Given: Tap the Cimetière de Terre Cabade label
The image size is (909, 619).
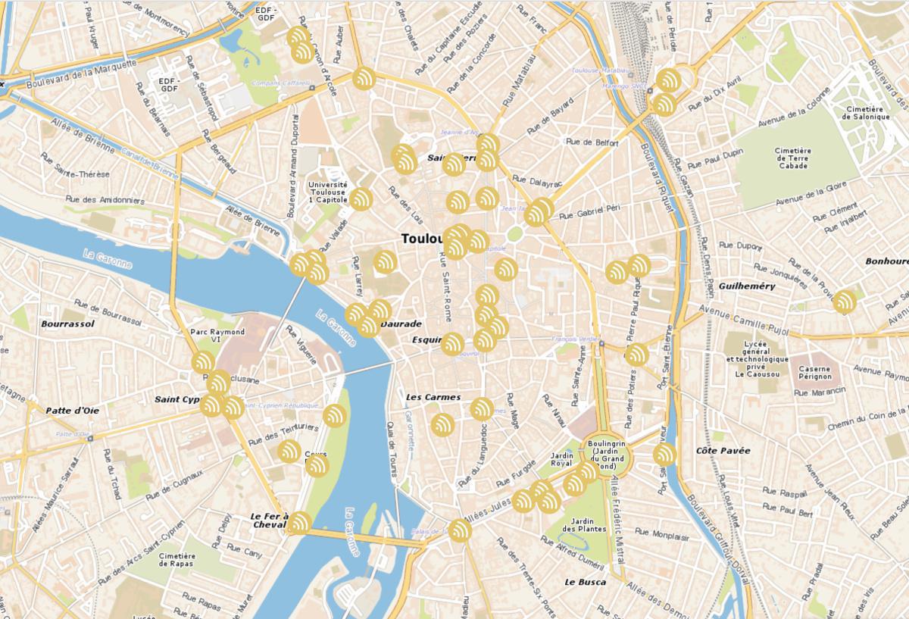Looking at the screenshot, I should click(x=792, y=158).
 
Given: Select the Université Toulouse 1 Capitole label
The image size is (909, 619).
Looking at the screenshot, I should click(x=327, y=192).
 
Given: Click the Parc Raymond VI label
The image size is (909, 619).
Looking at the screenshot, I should click(x=217, y=336).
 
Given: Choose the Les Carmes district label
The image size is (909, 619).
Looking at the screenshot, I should click(x=433, y=397).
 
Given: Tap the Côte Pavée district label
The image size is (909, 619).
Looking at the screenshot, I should click(x=723, y=451).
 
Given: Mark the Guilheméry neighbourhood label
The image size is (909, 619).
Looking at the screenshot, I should click(x=747, y=286).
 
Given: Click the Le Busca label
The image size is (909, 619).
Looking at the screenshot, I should click(x=585, y=582).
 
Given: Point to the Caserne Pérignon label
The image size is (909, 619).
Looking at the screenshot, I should click(x=814, y=372).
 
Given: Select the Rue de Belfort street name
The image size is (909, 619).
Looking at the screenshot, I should click(x=592, y=142).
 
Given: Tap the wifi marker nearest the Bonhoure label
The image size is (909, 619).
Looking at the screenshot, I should click(x=843, y=302).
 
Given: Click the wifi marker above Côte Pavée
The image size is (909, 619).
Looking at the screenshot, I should click(x=664, y=454).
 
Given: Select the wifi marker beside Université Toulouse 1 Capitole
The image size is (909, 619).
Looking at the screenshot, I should click(x=361, y=199).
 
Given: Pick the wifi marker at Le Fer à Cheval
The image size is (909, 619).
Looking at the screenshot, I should click(x=299, y=523).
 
